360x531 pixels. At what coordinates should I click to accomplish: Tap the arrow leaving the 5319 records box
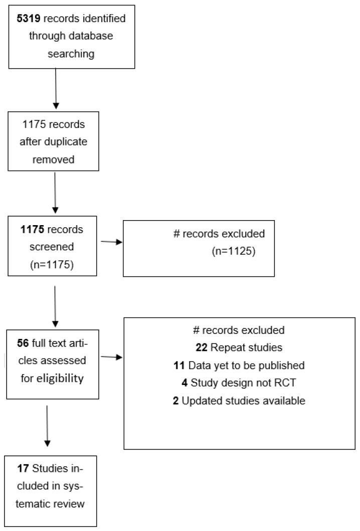[x=56, y=88]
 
